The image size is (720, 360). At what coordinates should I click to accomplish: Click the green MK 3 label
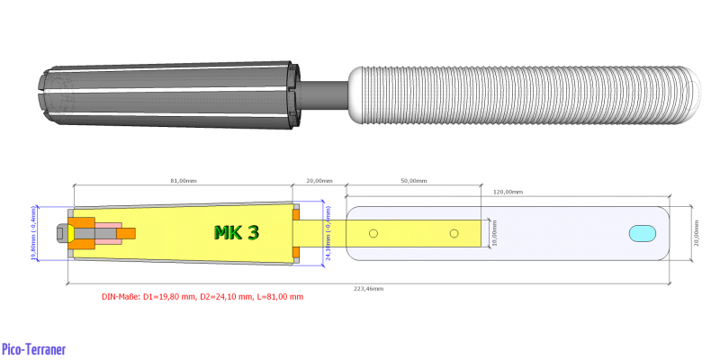coord(237,233)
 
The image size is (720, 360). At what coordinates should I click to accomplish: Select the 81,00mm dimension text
coord(183,180)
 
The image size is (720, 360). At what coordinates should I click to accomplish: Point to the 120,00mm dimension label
coord(507,192)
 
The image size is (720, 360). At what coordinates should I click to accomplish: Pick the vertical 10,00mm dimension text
coord(495,232)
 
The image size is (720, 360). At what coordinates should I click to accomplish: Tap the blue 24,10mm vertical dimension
coord(328,233)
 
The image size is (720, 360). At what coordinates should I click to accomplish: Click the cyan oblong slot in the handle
coord(643,233)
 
